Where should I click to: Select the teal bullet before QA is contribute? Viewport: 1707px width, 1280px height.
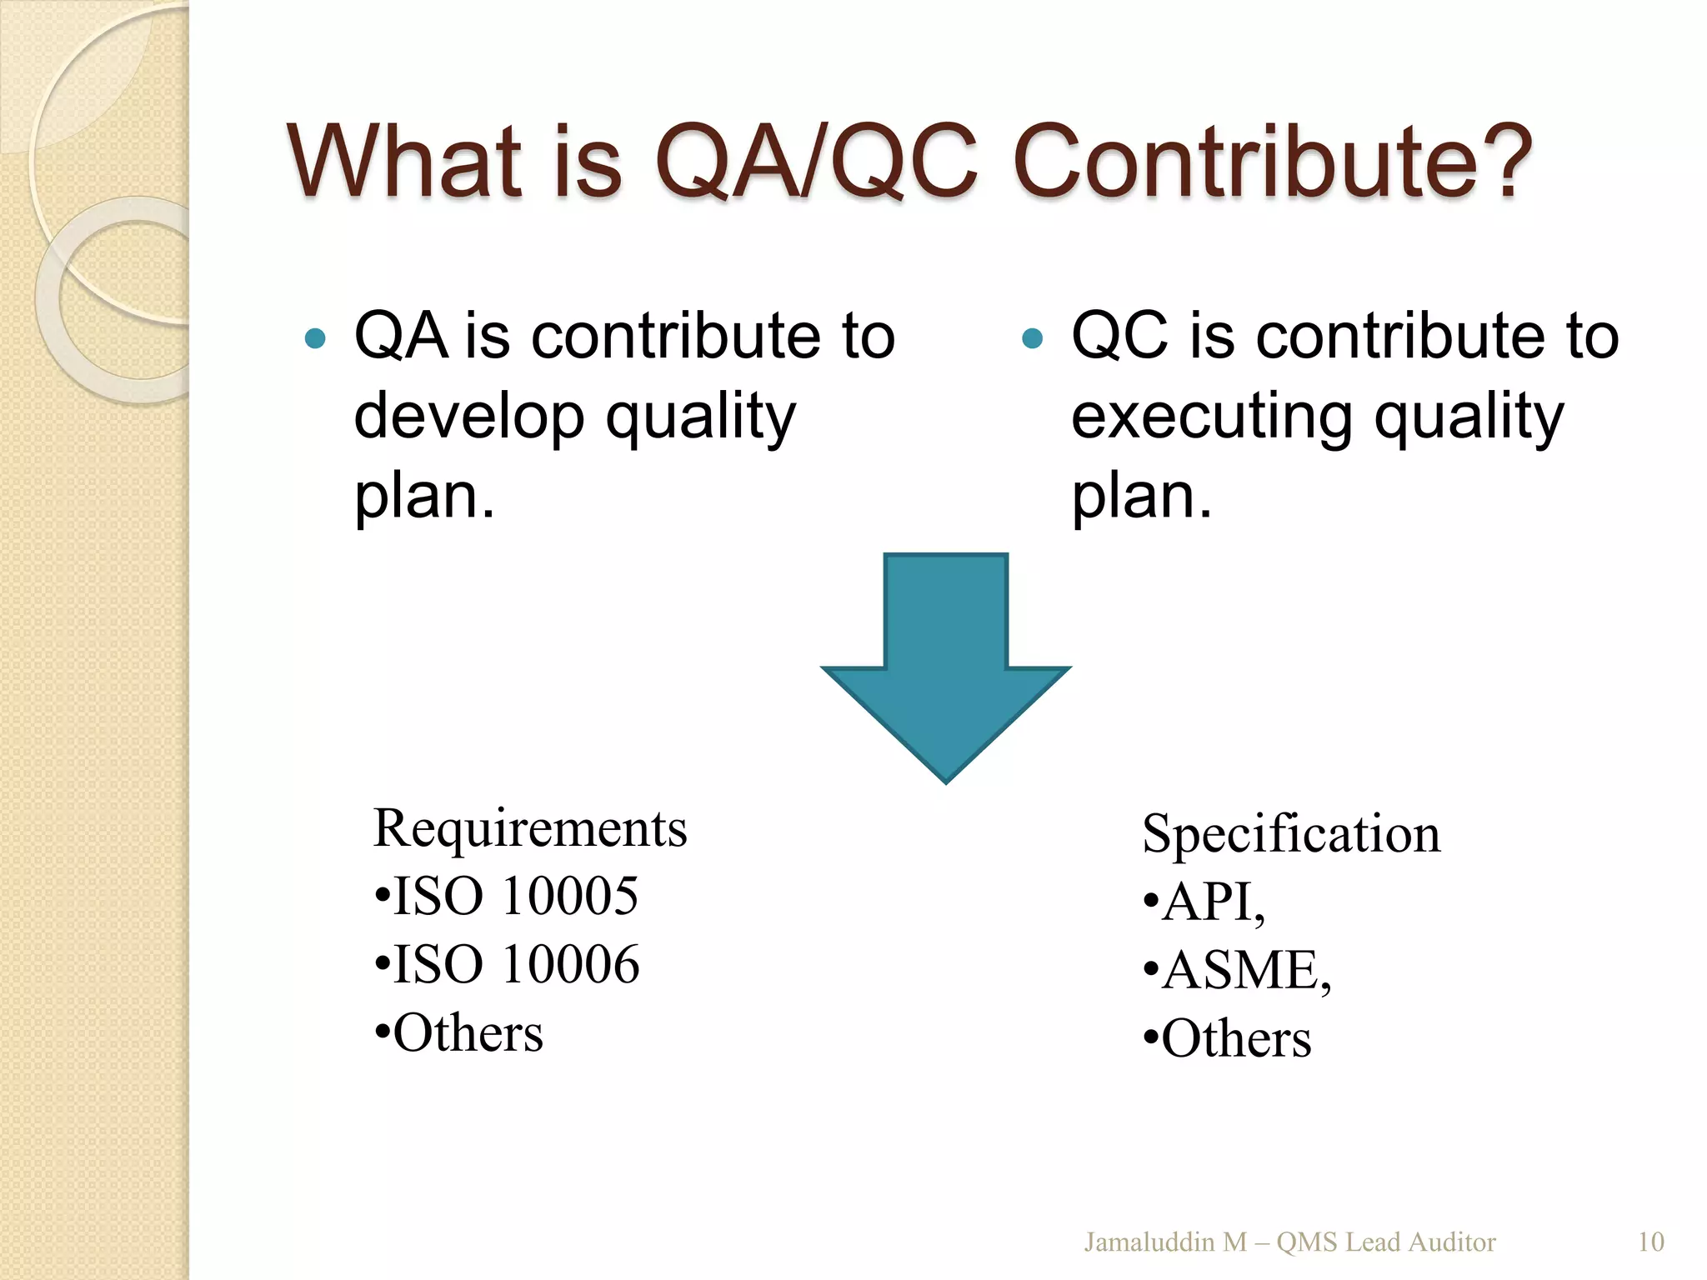click(315, 338)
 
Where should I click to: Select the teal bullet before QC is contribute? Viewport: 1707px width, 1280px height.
click(1032, 338)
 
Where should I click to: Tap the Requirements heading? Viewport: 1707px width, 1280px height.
click(530, 828)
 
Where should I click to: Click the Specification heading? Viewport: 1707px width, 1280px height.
click(1291, 833)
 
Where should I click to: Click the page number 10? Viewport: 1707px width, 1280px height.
click(1650, 1242)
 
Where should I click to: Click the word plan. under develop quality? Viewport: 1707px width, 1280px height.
click(424, 497)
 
